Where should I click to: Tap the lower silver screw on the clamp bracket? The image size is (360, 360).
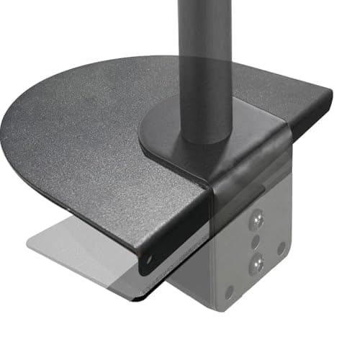click(256, 265)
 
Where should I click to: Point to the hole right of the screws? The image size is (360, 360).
click(282, 247)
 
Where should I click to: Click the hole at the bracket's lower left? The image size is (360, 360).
click(229, 292)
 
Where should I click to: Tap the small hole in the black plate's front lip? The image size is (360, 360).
click(150, 258)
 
